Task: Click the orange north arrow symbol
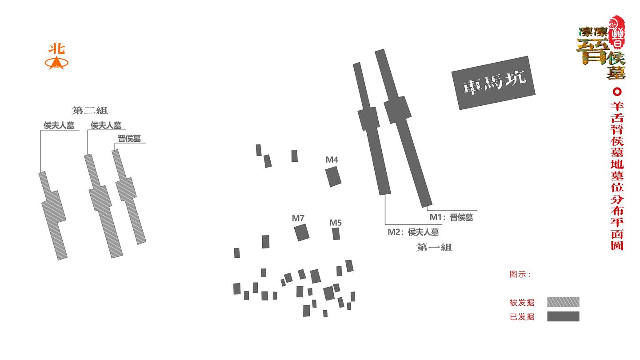pos(56,63)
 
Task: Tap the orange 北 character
pos(56,49)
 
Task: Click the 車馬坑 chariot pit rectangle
pos(493,83)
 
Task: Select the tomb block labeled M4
pos(333,177)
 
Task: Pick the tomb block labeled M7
pos(302,232)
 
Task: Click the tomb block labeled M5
pos(336,234)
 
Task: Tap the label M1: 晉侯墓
pos(451,217)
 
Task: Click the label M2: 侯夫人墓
pos(413,232)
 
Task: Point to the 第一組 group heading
pos(434,247)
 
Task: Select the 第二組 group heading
pos(90,110)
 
